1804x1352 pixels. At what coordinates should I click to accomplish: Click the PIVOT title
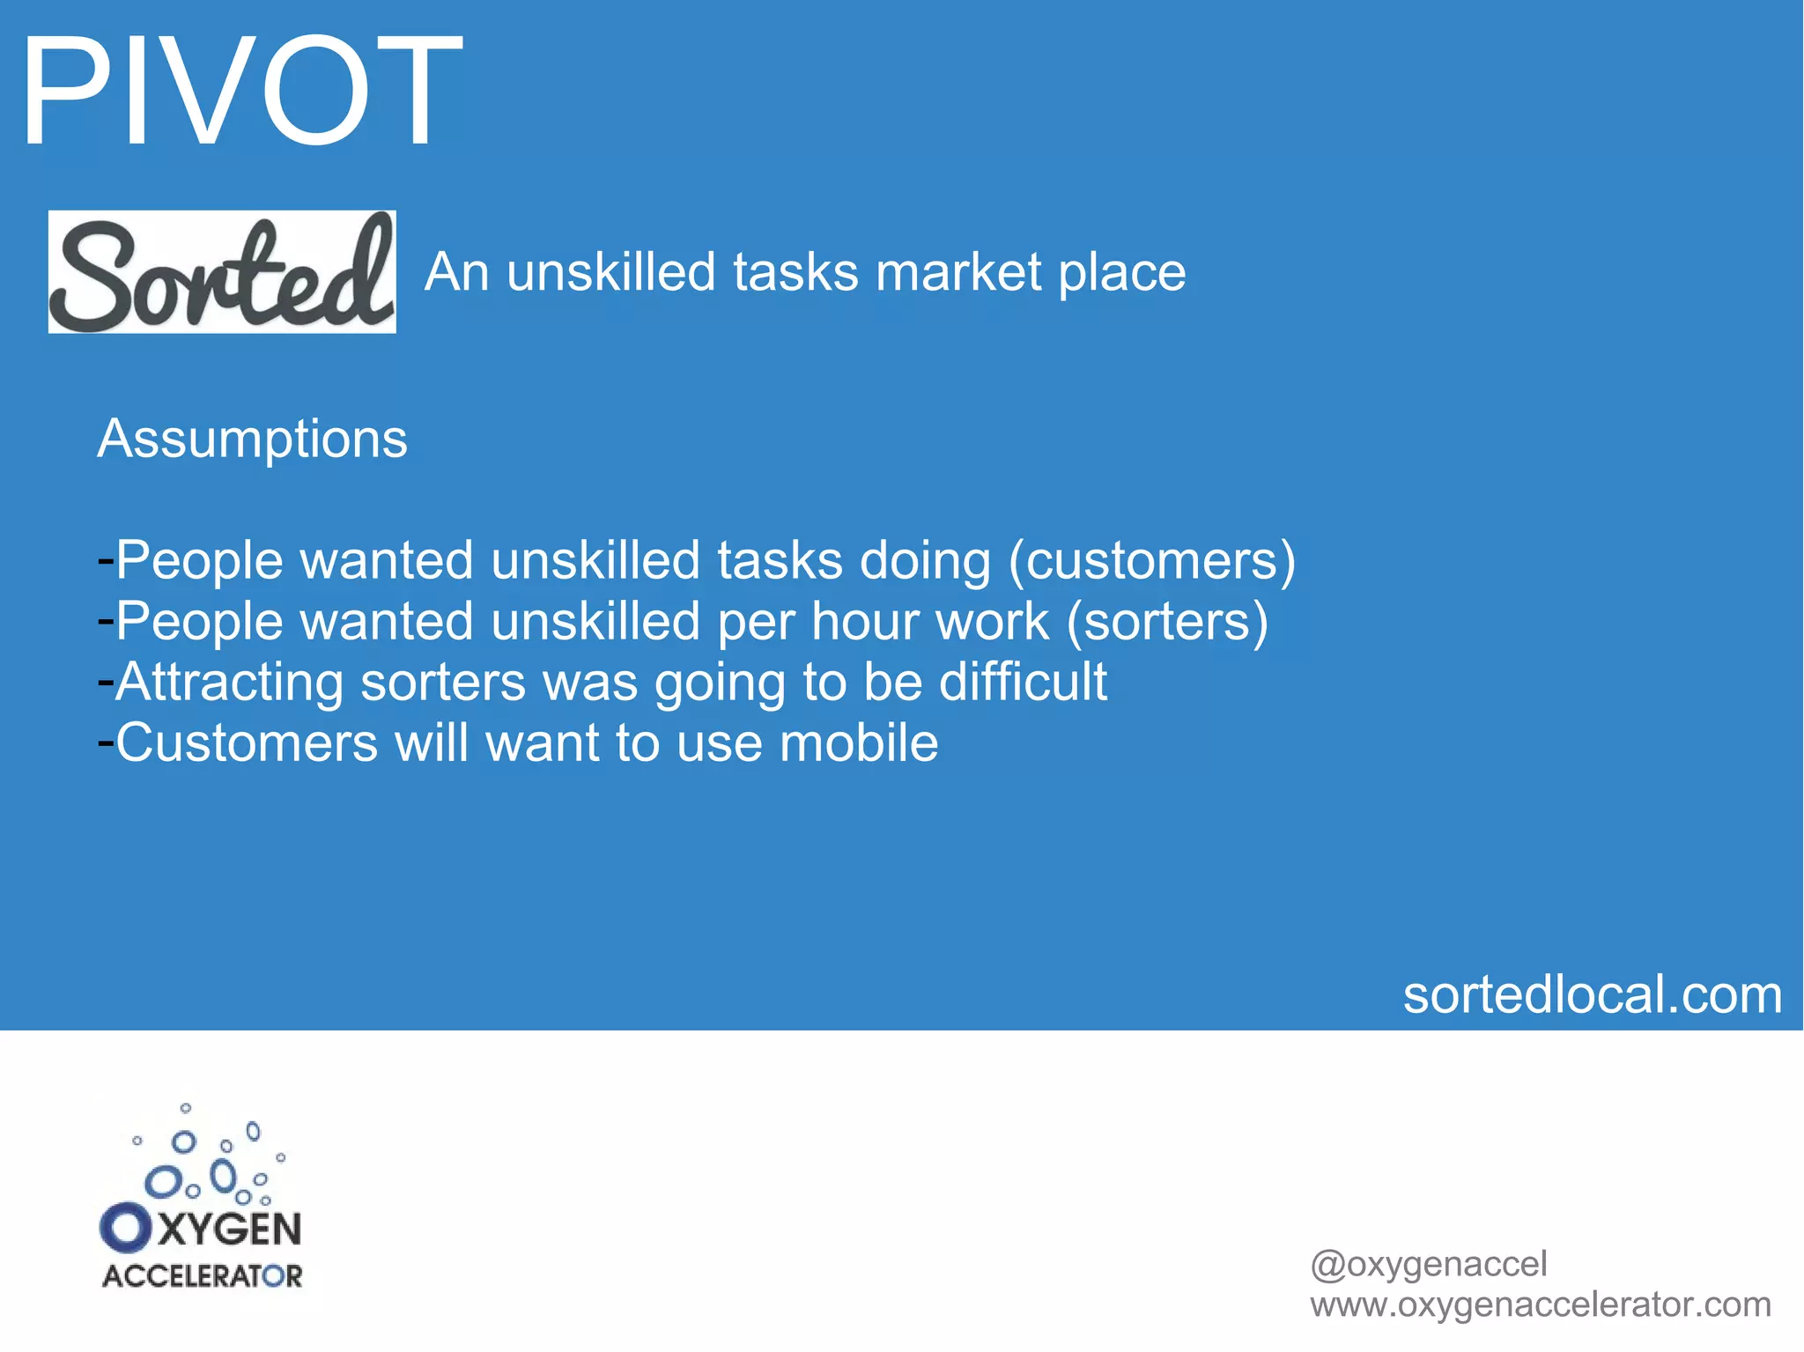240,91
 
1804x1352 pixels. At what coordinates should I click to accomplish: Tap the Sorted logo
222,272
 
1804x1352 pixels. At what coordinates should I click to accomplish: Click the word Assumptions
252,439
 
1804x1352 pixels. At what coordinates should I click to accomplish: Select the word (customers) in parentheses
1152,561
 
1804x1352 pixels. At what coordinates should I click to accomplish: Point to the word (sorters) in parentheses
1167,622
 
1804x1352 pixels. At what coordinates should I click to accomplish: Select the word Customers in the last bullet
247,742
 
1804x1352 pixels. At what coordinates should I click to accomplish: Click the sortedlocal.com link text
1592,995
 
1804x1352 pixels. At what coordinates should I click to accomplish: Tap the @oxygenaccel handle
1428,1264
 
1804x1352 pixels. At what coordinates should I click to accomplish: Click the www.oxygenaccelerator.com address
1540,1304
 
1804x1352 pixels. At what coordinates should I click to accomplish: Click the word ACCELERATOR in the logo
202,1276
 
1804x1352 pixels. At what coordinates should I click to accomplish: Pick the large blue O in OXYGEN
126,1227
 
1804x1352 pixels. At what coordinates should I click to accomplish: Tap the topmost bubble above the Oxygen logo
185,1108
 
